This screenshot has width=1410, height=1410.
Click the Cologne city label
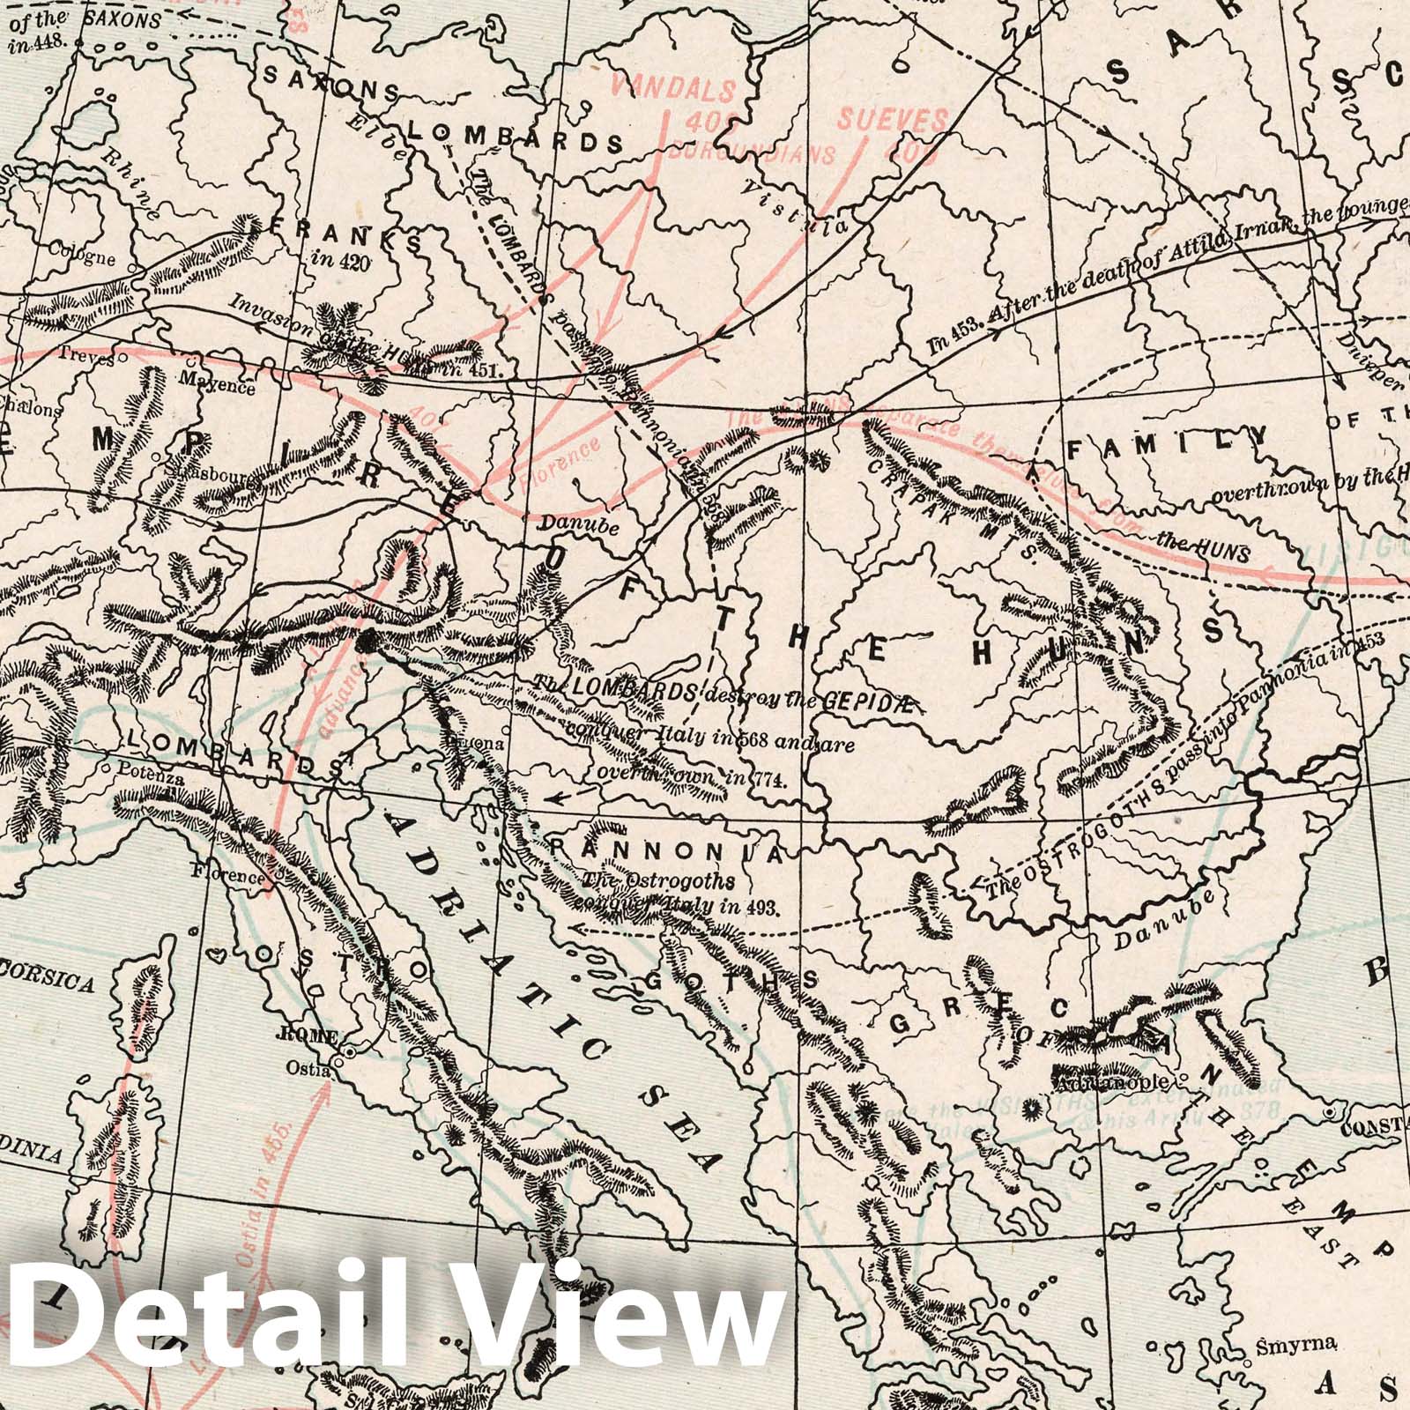pos(83,259)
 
